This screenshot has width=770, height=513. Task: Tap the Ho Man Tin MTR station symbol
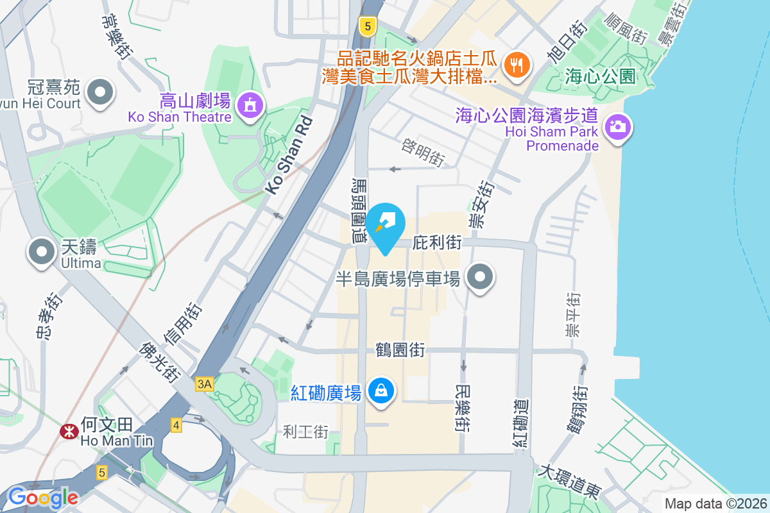(67, 432)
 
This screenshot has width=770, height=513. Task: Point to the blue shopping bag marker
(381, 390)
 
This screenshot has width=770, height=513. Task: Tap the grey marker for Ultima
(42, 251)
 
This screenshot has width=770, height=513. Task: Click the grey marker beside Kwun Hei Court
(99, 92)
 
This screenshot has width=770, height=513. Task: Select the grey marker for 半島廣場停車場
(480, 278)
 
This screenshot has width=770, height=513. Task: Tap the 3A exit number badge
(205, 383)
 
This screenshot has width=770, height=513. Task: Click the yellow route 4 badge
(176, 425)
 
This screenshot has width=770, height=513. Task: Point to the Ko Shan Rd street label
(289, 156)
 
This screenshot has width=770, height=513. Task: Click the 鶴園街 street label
(400, 350)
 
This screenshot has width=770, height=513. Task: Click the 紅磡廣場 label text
(326, 392)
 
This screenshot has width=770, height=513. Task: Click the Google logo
(43, 497)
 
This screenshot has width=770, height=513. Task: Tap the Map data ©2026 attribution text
(715, 503)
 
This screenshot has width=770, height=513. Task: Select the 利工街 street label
(305, 432)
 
